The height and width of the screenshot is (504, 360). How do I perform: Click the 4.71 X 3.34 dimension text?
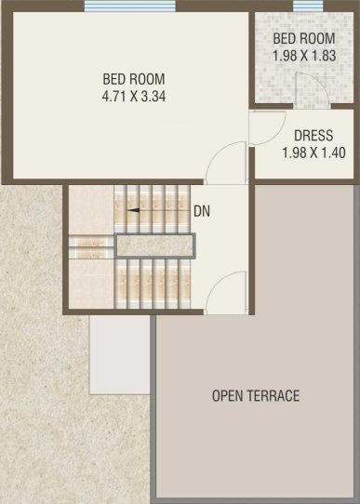click(134, 96)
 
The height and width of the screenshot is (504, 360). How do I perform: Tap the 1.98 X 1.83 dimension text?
click(304, 55)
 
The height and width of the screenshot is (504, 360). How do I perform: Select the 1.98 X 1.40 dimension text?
click(313, 153)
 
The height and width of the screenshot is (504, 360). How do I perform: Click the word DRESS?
click(313, 136)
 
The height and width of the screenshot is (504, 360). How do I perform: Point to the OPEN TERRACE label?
click(256, 396)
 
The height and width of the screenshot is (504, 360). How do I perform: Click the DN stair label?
click(202, 211)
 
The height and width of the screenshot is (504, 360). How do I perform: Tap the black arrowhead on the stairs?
click(133, 210)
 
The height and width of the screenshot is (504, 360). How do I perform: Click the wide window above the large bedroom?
click(130, 6)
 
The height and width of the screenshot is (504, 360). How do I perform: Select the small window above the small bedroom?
click(308, 6)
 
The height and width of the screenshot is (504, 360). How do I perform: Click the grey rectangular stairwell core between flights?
click(155, 245)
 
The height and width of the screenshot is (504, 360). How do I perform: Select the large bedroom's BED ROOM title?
click(134, 79)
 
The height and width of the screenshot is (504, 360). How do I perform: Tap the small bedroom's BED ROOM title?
click(304, 38)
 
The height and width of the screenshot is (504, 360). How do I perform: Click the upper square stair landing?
click(91, 210)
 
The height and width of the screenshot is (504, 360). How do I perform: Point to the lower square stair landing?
click(91, 285)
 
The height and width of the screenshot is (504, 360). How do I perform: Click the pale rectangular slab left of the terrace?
click(120, 355)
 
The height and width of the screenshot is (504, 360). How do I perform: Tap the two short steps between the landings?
click(91, 246)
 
